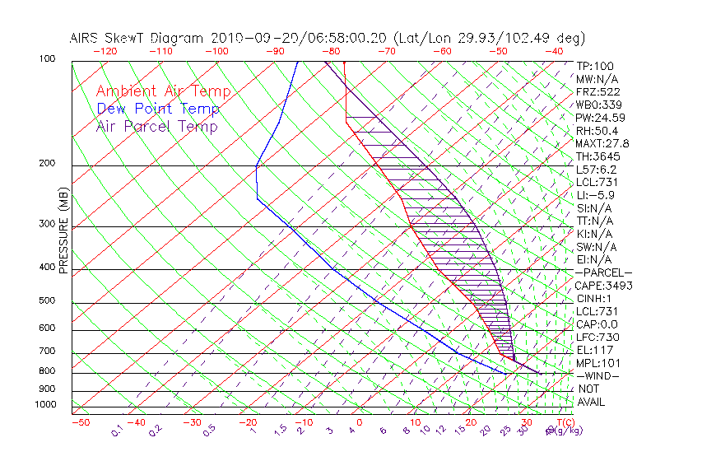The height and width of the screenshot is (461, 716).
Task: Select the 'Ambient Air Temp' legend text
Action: pyautogui.click(x=163, y=91)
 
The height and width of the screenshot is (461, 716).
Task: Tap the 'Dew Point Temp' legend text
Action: pyautogui.click(x=158, y=109)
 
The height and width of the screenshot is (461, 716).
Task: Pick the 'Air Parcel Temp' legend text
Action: pyautogui.click(x=156, y=126)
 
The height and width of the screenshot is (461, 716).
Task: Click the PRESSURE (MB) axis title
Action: pyautogui.click(x=63, y=231)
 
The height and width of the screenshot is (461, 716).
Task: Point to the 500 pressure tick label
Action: pyautogui.click(x=47, y=301)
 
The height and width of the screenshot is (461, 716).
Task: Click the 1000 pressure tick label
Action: pyautogui.click(x=44, y=405)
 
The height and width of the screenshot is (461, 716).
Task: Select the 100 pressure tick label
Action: pyautogui.click(x=47, y=59)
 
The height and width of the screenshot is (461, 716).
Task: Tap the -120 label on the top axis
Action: pyautogui.click(x=105, y=51)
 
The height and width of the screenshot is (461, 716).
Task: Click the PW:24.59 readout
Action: pyautogui.click(x=598, y=118)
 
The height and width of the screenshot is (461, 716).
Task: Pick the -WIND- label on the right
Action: pyautogui.click(x=598, y=376)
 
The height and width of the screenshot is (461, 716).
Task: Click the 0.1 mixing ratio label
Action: pyautogui.click(x=118, y=430)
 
